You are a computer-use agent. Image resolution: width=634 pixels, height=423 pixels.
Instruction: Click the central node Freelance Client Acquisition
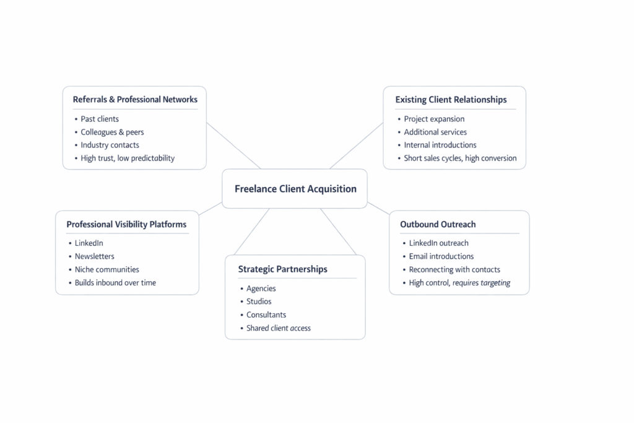coord(295,189)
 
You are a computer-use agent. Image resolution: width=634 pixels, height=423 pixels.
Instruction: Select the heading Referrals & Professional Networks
coord(135,99)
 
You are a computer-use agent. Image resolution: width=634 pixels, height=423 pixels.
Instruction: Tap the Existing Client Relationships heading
coord(451,99)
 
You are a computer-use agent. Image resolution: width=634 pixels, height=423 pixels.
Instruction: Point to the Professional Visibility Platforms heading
coord(126,224)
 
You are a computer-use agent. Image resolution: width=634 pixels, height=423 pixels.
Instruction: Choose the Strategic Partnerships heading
coord(282,269)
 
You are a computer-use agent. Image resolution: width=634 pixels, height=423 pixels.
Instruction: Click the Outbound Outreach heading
coord(438,224)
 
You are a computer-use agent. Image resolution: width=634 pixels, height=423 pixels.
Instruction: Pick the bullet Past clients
coord(100,119)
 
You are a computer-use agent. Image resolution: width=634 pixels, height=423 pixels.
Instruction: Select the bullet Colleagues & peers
coord(112,132)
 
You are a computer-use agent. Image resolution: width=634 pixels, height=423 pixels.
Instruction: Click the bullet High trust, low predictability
coord(128,158)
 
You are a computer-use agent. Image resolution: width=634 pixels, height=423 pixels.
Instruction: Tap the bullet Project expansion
coord(434,119)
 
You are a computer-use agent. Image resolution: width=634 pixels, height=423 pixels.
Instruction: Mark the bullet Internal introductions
coord(440,145)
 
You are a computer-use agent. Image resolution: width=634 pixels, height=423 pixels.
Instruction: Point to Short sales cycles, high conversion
coord(460,158)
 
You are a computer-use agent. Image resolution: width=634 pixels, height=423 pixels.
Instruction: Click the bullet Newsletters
coord(95,256)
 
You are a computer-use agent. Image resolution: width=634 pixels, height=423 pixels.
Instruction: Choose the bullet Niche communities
coord(107,269)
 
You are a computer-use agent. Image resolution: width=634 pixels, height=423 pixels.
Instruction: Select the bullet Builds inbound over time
coord(115,282)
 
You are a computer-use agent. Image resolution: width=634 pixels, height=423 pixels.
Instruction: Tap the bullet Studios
coord(259,302)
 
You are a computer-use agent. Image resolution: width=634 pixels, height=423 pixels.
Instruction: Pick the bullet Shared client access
coord(279,328)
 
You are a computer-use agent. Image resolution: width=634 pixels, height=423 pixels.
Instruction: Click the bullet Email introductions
coord(441,256)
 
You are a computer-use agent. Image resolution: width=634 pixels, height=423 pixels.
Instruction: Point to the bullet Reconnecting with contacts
coord(454,269)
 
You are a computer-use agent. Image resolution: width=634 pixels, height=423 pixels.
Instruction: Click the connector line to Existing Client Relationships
coord(357,145)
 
